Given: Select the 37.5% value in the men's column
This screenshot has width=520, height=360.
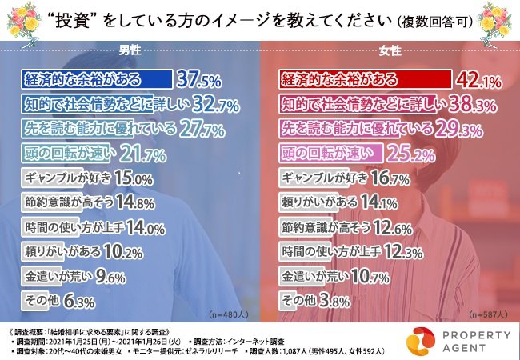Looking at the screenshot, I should click(200, 80).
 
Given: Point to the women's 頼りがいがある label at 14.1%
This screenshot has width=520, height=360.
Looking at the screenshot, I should click(320, 202).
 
